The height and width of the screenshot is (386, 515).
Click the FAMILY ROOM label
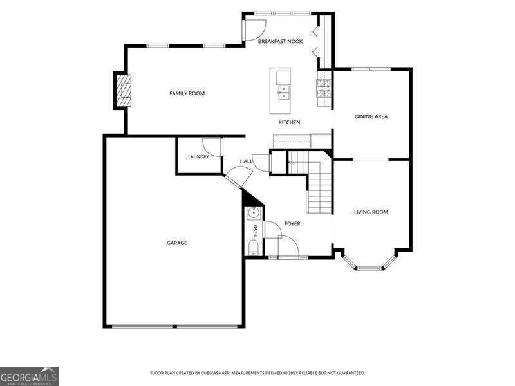(187, 93)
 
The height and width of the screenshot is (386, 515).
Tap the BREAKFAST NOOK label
(280, 41)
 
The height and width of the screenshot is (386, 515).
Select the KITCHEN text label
(289, 122)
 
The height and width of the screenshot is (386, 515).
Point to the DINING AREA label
(371, 116)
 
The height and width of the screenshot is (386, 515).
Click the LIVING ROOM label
(371, 212)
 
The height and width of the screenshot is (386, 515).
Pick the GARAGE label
(176, 243)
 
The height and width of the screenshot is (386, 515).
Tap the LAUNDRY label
(198, 157)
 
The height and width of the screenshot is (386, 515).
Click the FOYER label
(292, 223)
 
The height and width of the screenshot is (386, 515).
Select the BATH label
(255, 231)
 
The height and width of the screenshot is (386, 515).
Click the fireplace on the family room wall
(122, 90)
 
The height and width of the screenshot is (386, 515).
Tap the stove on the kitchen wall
(324, 88)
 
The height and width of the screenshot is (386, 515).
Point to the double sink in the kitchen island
(284, 93)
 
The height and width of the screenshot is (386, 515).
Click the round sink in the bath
(254, 213)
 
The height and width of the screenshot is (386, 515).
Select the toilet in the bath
(253, 247)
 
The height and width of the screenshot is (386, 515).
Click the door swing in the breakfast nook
(254, 30)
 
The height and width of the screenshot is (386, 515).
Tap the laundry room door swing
(212, 148)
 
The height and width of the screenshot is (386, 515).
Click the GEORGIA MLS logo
(29, 376)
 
